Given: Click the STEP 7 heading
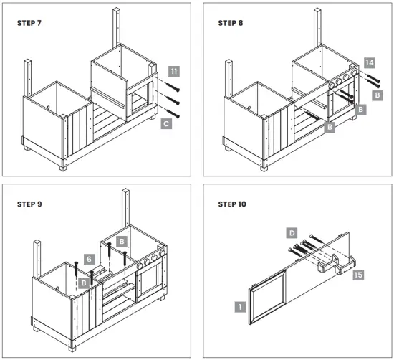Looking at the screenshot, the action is tap(29, 23).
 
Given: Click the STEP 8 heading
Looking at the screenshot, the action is tap(231, 23).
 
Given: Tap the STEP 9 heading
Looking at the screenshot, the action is tap(29, 204).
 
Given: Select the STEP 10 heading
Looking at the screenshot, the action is tap(232, 204).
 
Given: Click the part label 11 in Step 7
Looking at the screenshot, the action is tap(174, 72).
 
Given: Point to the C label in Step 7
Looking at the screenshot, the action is tap(166, 124).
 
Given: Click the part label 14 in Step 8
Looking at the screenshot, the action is tap(370, 62).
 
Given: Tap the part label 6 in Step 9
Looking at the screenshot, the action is tap(90, 259).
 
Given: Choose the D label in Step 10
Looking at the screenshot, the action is tap(292, 233).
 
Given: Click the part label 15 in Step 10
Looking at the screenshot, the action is tap(358, 275).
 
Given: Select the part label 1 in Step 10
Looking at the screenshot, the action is tap(240, 307).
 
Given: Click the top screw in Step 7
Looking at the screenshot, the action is tap(173, 87).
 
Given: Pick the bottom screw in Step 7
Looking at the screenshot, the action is tap(173, 113).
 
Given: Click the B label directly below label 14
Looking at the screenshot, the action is tap(378, 95).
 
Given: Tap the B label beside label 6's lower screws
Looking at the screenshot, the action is tap(84, 283).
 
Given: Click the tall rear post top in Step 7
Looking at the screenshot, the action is tap(116, 10).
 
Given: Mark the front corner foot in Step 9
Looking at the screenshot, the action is tap(72, 349).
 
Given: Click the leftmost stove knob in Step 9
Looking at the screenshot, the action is tap(140, 266).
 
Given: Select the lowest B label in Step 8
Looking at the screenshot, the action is tap(330, 127).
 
